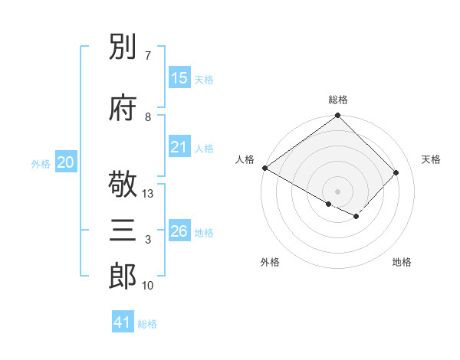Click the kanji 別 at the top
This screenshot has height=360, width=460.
pyautogui.click(x=123, y=47)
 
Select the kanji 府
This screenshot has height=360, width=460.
pyautogui.click(x=123, y=107)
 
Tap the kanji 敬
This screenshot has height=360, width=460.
pyautogui.click(x=123, y=185)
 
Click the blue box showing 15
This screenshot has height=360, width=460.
pyautogui.click(x=179, y=78)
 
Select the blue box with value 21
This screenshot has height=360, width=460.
pyautogui.click(x=179, y=147)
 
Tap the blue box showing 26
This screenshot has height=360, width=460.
pyautogui.click(x=179, y=231)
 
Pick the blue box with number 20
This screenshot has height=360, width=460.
pyautogui.click(x=66, y=162)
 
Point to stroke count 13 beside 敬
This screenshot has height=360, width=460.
pyautogui.click(x=148, y=194)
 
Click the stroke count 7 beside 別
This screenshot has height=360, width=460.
pyautogui.click(x=147, y=56)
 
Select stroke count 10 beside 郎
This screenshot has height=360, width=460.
pyautogui.click(x=148, y=286)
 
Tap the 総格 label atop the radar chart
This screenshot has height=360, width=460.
pyautogui.click(x=338, y=100)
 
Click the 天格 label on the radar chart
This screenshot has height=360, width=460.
pyautogui.click(x=432, y=159)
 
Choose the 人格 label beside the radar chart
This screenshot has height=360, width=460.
pyautogui.click(x=245, y=159)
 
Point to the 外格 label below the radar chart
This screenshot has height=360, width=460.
pyautogui.click(x=270, y=263)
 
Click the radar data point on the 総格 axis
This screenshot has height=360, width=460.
pyautogui.click(x=338, y=116)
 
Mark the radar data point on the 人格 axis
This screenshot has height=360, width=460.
pyautogui.click(x=264, y=168)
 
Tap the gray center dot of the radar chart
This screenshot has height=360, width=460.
pyautogui.click(x=338, y=191)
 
